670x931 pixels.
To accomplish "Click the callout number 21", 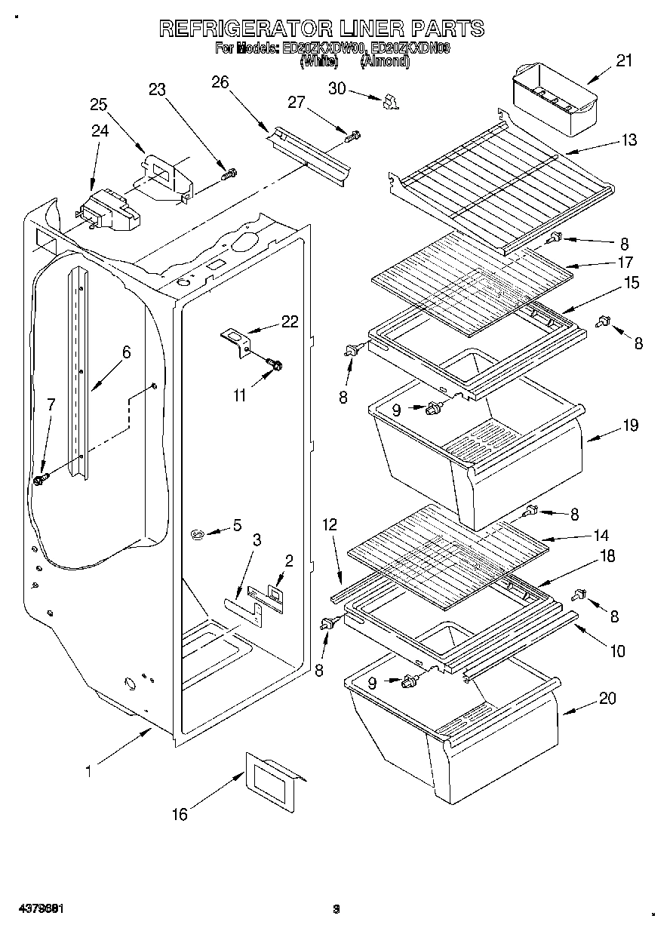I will coord(624,61).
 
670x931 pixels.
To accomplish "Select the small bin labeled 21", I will coord(554,97).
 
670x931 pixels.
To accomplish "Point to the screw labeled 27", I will coord(352,137).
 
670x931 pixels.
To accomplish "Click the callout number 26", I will coord(220,82).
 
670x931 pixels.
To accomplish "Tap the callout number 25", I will coord(99,105).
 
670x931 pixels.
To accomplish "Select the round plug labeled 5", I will coord(198,535).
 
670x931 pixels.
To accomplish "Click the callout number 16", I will coord(180,814).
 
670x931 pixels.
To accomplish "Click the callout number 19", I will coord(630,425).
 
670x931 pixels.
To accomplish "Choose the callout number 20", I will coord(607,698).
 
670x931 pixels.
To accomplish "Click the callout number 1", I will coord(88,771).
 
